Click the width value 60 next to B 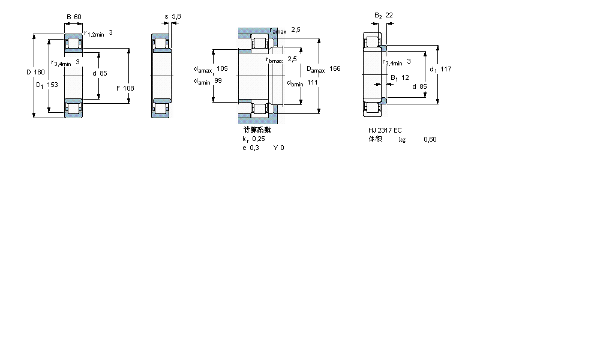pos(78,16)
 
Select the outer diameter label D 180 pos(35,73)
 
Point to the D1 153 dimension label pos(47,85)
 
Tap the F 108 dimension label pos(125,88)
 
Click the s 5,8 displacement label pos(171,16)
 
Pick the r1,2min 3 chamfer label pos(98,34)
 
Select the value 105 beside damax pos(223,68)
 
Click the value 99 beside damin pos(218,81)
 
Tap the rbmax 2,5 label pos(281,59)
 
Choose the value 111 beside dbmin pos(312,82)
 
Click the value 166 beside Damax pos(334,69)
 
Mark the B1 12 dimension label pos(400,77)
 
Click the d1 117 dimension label pos(440,69)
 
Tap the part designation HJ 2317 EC pos(385,130)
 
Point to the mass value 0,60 pos(430,140)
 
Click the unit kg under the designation pos(402,140)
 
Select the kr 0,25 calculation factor pos(253,139)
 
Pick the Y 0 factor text pos(279,148)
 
